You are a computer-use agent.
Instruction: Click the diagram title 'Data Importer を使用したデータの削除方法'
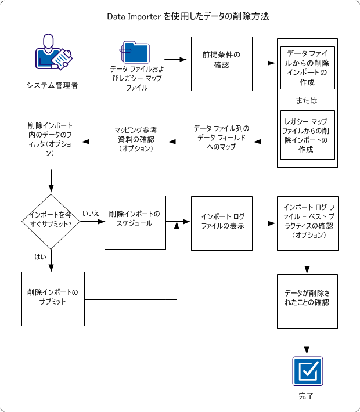180,16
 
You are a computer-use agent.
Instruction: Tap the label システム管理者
52,85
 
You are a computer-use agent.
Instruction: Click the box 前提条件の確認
222,64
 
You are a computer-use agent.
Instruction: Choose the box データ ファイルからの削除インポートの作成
307,68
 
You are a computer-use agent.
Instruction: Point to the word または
307,100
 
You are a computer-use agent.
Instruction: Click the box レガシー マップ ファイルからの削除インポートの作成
307,135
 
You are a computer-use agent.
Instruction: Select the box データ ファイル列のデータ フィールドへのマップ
222,141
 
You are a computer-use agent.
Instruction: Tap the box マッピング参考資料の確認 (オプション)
136,141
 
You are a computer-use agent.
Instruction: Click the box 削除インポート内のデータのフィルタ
51,141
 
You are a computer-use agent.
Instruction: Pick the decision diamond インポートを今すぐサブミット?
51,221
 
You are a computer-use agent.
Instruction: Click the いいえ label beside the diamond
91,214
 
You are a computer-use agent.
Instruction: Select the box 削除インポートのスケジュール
136,221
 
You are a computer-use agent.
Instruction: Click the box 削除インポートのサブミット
51,298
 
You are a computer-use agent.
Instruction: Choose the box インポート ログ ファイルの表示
222,223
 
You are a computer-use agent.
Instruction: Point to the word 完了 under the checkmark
307,396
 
